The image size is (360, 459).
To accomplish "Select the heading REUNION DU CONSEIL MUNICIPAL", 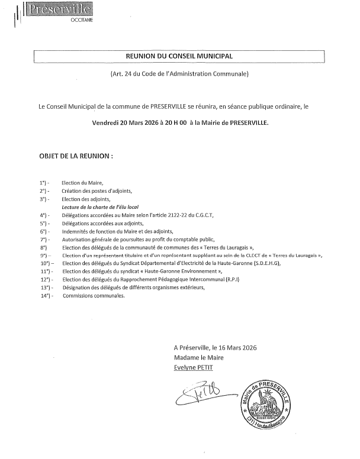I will (x=179, y=56).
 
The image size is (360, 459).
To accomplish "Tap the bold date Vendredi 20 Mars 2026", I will (x=125, y=124).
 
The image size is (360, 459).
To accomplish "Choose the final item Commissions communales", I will (x=94, y=295).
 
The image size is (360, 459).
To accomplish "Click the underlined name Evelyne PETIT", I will (x=192, y=367).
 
